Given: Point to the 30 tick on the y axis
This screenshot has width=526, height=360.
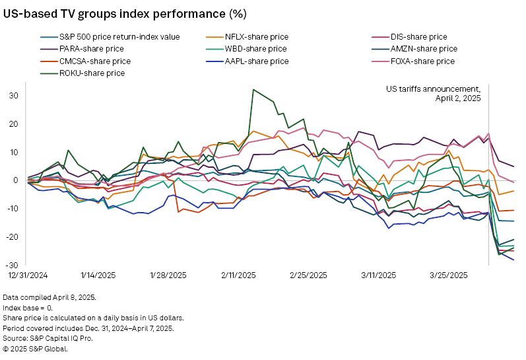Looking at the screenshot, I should pyautogui.click(x=14, y=95).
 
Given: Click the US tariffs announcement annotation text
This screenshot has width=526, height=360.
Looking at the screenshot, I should pyautogui.click(x=434, y=93).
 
